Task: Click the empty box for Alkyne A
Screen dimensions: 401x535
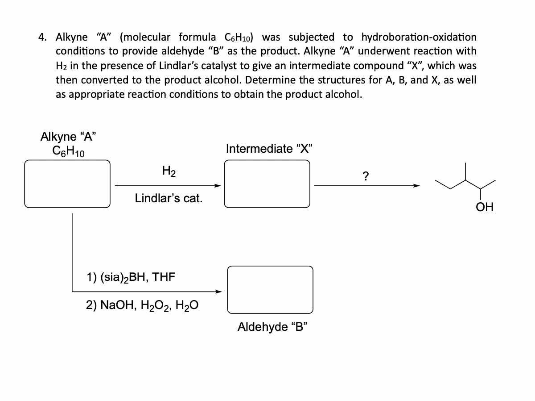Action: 67,184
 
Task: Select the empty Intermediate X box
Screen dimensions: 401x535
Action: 267,184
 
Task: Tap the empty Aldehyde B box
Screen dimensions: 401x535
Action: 270,290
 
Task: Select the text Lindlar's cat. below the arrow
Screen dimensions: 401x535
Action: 169,198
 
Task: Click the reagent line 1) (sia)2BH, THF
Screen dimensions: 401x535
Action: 130,277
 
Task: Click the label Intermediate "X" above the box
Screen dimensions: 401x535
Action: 267,149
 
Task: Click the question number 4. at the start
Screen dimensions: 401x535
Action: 44,37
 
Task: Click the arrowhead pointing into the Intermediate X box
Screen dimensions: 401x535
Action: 218,185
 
